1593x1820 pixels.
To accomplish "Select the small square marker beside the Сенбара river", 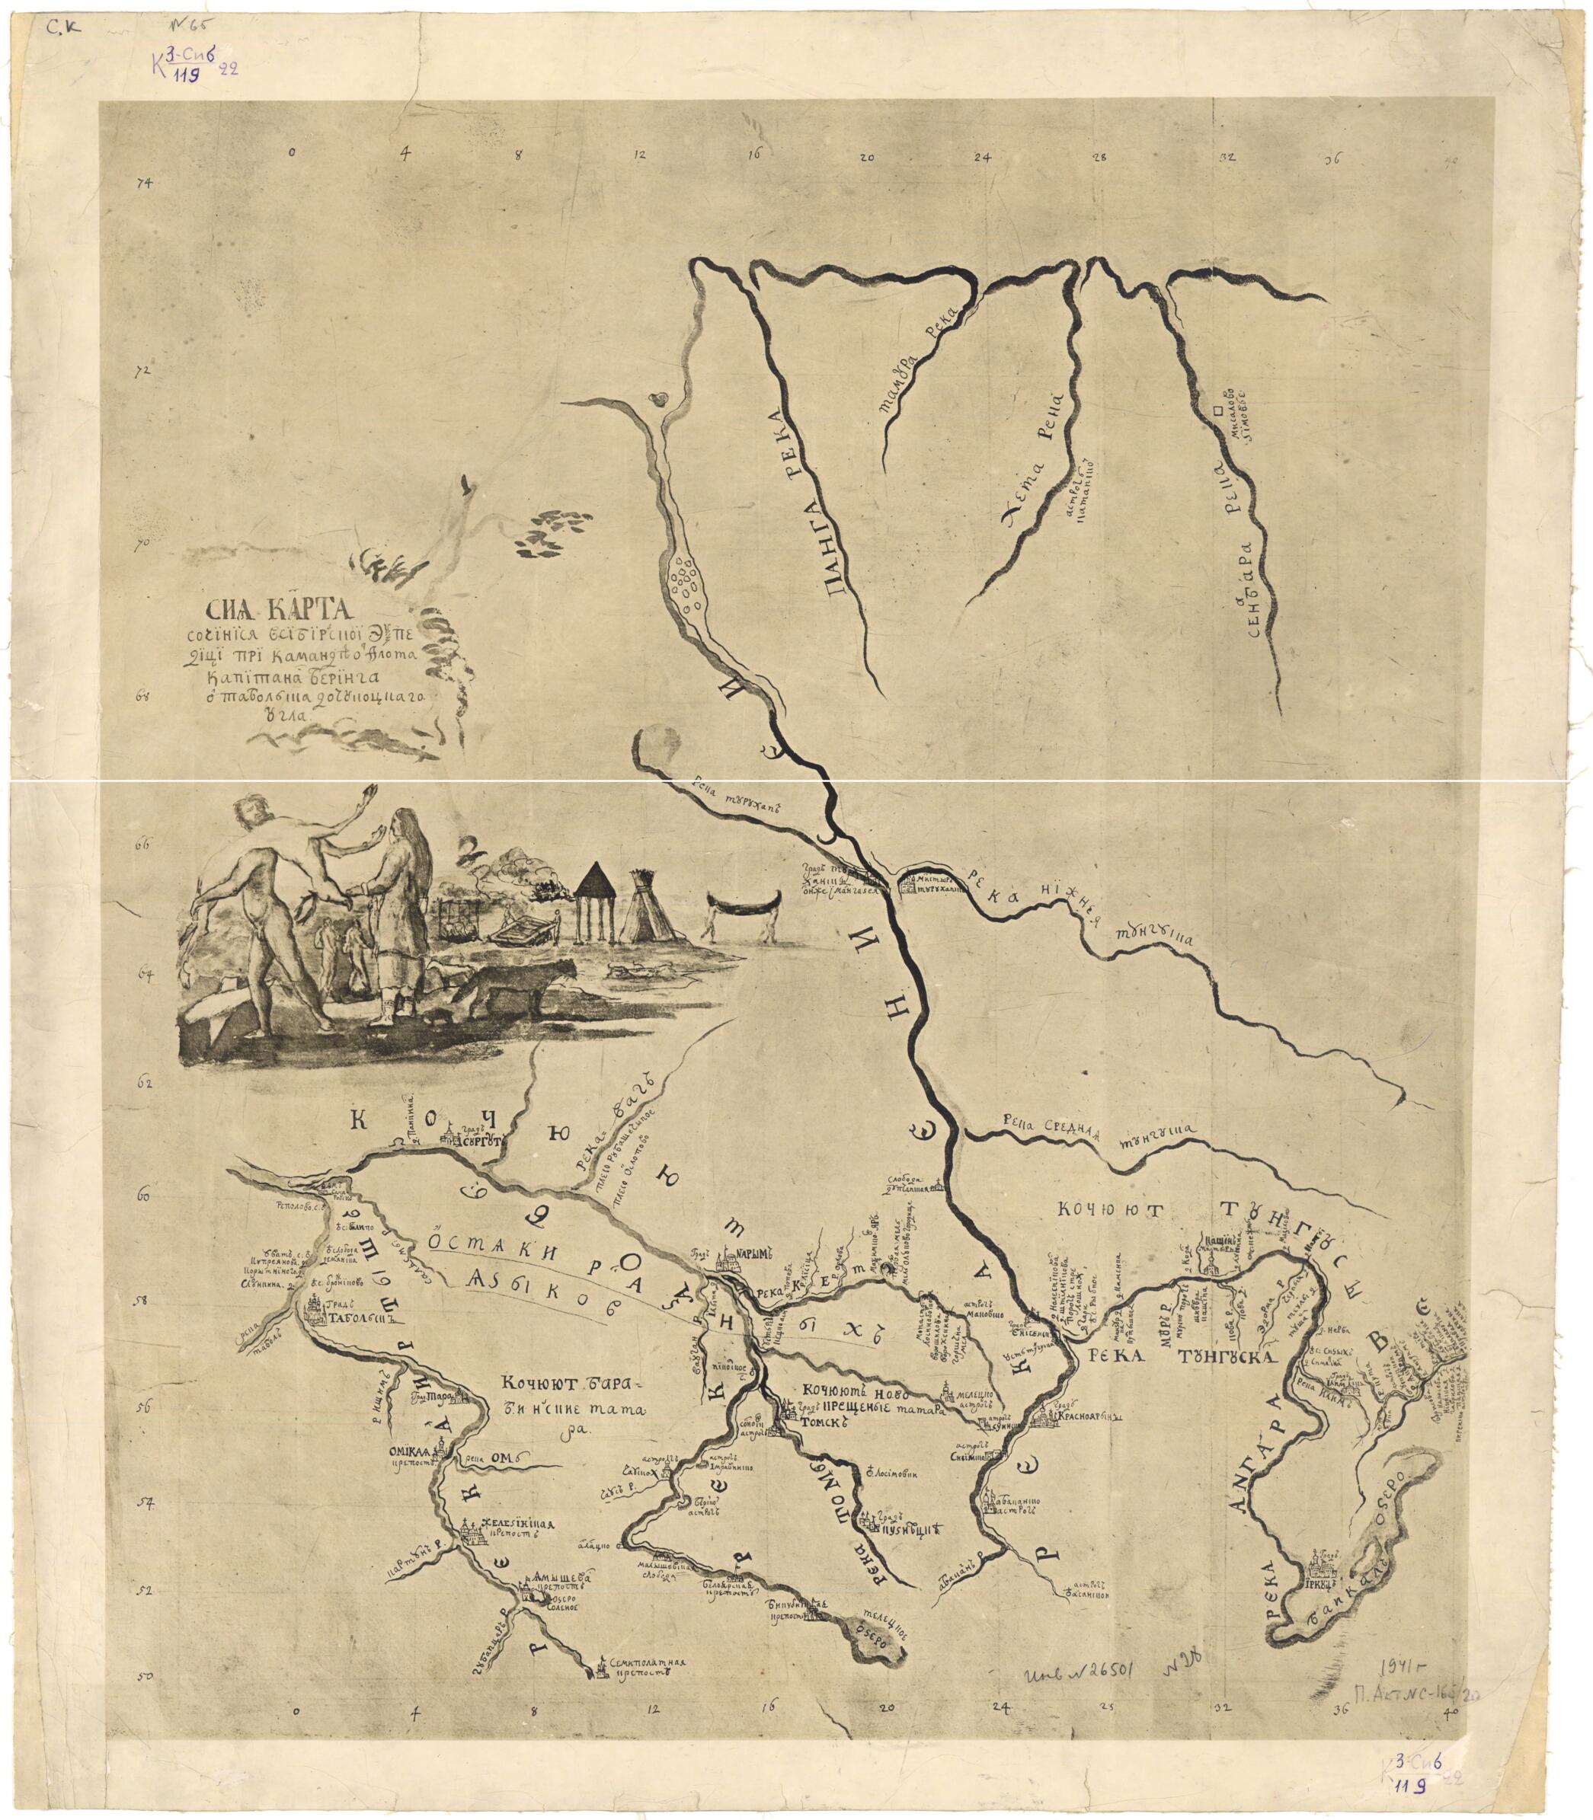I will click(x=1213, y=411).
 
